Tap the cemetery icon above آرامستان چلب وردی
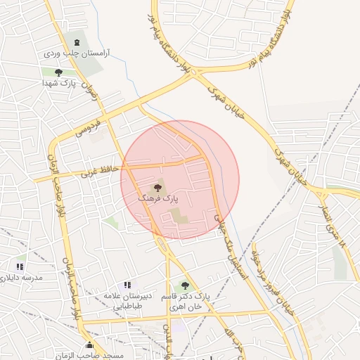[76, 43]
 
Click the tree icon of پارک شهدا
[58, 72]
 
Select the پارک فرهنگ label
[155, 200]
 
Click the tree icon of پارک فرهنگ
[157, 188]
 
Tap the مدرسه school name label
[22, 278]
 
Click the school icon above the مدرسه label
[20, 266]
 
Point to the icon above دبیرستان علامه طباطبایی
[127, 285]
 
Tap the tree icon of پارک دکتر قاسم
[186, 285]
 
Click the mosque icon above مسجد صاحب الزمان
[89, 345]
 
